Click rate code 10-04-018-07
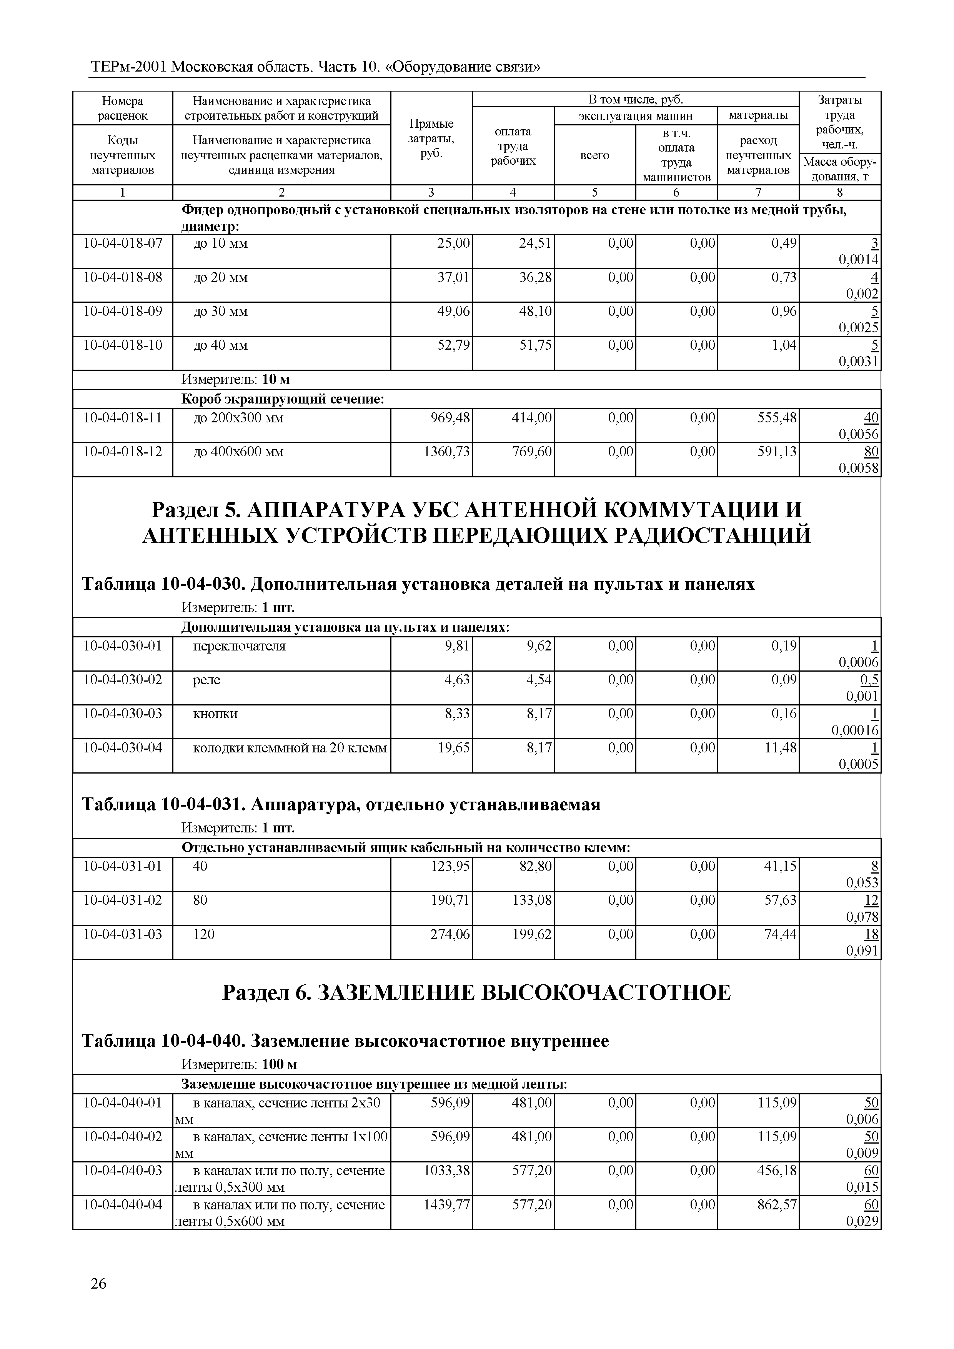(x=123, y=243)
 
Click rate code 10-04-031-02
(x=123, y=900)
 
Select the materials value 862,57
(x=776, y=1205)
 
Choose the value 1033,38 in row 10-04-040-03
(x=447, y=1171)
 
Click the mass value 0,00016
(x=855, y=731)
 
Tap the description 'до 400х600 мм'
(x=238, y=452)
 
